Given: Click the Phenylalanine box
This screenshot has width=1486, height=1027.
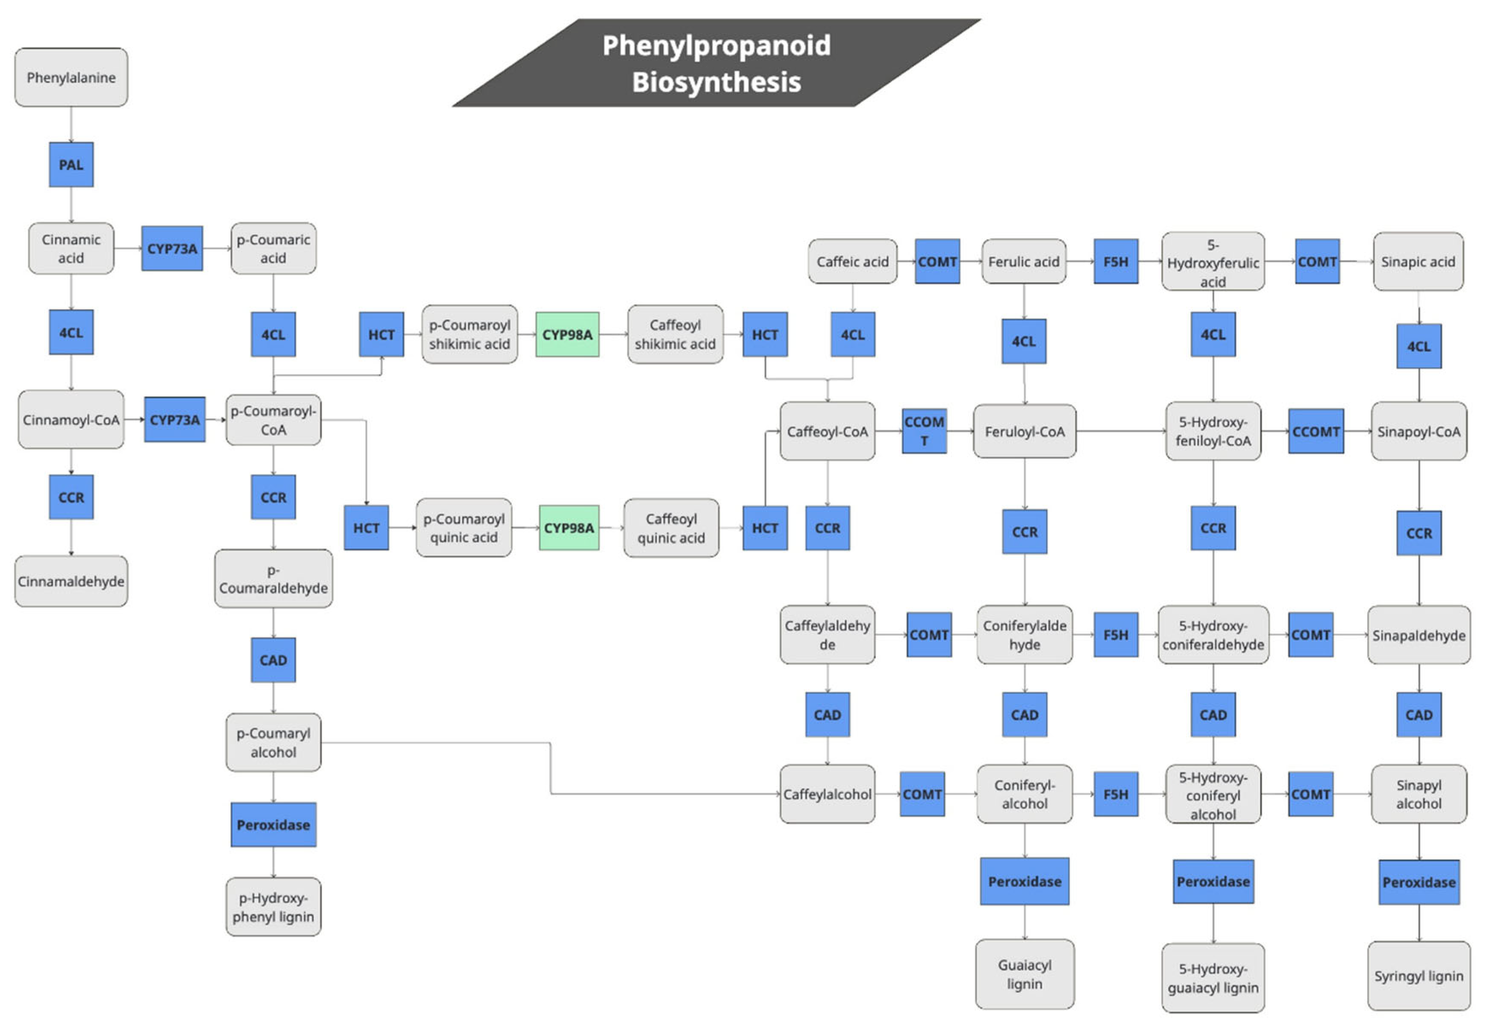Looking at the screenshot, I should coord(71,77).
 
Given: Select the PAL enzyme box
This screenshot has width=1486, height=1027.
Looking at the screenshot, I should coord(71,165).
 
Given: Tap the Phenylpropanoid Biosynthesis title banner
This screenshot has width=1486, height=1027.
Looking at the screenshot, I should coord(716,63).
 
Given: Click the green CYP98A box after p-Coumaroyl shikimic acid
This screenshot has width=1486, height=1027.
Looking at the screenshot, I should coord(567,335).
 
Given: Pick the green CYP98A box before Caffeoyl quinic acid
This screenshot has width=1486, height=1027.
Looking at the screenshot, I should coord(569,528).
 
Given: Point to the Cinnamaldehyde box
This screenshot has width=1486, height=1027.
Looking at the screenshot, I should coord(71,581).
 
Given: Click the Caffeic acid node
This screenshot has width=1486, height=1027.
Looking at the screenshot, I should coord(852,261).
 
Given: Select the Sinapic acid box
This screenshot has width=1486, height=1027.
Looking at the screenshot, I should coord(1418,261).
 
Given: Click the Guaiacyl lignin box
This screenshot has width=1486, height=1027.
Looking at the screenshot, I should coord(1025,974).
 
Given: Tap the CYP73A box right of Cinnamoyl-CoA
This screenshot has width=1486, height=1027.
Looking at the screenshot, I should coord(174,419).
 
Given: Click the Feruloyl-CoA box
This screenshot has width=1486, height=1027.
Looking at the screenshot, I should coord(1025,431).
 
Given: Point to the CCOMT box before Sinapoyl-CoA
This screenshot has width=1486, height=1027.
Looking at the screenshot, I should coord(1316,431).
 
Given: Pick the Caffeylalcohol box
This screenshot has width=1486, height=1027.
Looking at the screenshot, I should coord(827,794).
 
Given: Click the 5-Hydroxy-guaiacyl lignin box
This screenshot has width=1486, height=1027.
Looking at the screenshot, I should coord(1213,977).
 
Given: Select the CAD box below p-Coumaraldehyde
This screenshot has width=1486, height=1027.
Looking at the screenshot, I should coord(273,660).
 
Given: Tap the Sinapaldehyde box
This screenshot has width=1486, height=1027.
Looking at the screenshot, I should coord(1418,635).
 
